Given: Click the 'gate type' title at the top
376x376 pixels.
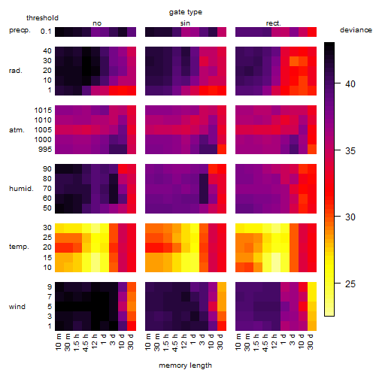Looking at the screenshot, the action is [x=186, y=12].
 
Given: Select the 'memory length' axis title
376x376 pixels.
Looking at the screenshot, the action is [x=185, y=365].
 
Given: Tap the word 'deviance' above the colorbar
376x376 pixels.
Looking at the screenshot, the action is [x=356, y=30].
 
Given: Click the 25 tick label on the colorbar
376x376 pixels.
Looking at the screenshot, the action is [x=350, y=284].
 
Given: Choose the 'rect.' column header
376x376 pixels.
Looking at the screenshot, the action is [x=273, y=23].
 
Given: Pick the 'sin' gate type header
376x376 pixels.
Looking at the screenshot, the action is [x=185, y=23].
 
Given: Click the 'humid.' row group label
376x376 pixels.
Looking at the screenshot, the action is [x=21, y=189].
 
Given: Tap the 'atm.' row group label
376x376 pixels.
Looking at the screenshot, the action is [x=17, y=130].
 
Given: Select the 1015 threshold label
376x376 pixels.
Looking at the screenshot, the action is [x=43, y=111].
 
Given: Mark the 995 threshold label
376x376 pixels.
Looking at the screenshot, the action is [x=45, y=150].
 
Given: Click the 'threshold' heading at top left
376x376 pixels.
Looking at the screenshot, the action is [x=42, y=18].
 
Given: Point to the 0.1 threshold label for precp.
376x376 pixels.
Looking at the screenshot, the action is [x=46, y=32].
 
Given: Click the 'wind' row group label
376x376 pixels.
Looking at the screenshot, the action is [x=17, y=307].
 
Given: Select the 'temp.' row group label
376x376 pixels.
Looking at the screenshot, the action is [x=19, y=247].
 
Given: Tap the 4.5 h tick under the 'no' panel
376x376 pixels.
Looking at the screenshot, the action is [x=85, y=342].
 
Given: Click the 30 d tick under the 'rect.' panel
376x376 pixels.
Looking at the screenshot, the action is [x=311, y=341].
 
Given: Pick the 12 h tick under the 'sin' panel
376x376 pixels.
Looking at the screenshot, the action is [x=184, y=341].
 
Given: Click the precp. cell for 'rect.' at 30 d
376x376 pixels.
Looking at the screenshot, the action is [x=312, y=32].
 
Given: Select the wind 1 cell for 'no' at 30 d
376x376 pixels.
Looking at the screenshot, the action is [x=132, y=326].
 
